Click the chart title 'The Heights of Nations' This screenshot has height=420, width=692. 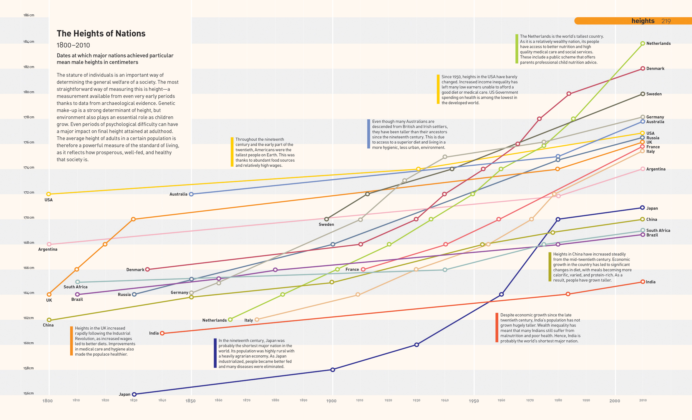pos(101,34)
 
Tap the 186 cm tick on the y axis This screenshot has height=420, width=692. pos(29,15)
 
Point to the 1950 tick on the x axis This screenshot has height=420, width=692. pos(474,401)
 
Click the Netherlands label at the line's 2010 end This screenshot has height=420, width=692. pos(658,43)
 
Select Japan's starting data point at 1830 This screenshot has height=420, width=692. pos(134,394)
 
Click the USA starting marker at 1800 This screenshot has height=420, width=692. pos(49,194)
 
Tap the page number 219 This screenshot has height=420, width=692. pos(666,21)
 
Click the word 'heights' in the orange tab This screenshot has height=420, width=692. pos(643,21)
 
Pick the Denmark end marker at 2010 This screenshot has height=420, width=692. pos(643,68)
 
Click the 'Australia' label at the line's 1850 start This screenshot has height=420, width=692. pos(178,194)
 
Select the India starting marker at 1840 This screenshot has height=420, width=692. pos(162,333)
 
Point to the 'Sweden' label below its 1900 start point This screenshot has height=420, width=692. pos(326,225)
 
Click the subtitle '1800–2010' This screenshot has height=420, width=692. pos(73,45)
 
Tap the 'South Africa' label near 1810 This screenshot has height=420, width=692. pos(75,287)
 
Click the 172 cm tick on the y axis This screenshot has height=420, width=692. pos(29,193)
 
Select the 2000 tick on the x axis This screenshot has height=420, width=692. pos(614,401)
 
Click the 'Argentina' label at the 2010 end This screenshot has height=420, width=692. pos(656,169)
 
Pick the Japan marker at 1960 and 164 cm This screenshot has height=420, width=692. pos(501,294)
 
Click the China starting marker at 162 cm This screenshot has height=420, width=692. pos(49,320)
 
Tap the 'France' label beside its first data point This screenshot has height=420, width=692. pos(352,270)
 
